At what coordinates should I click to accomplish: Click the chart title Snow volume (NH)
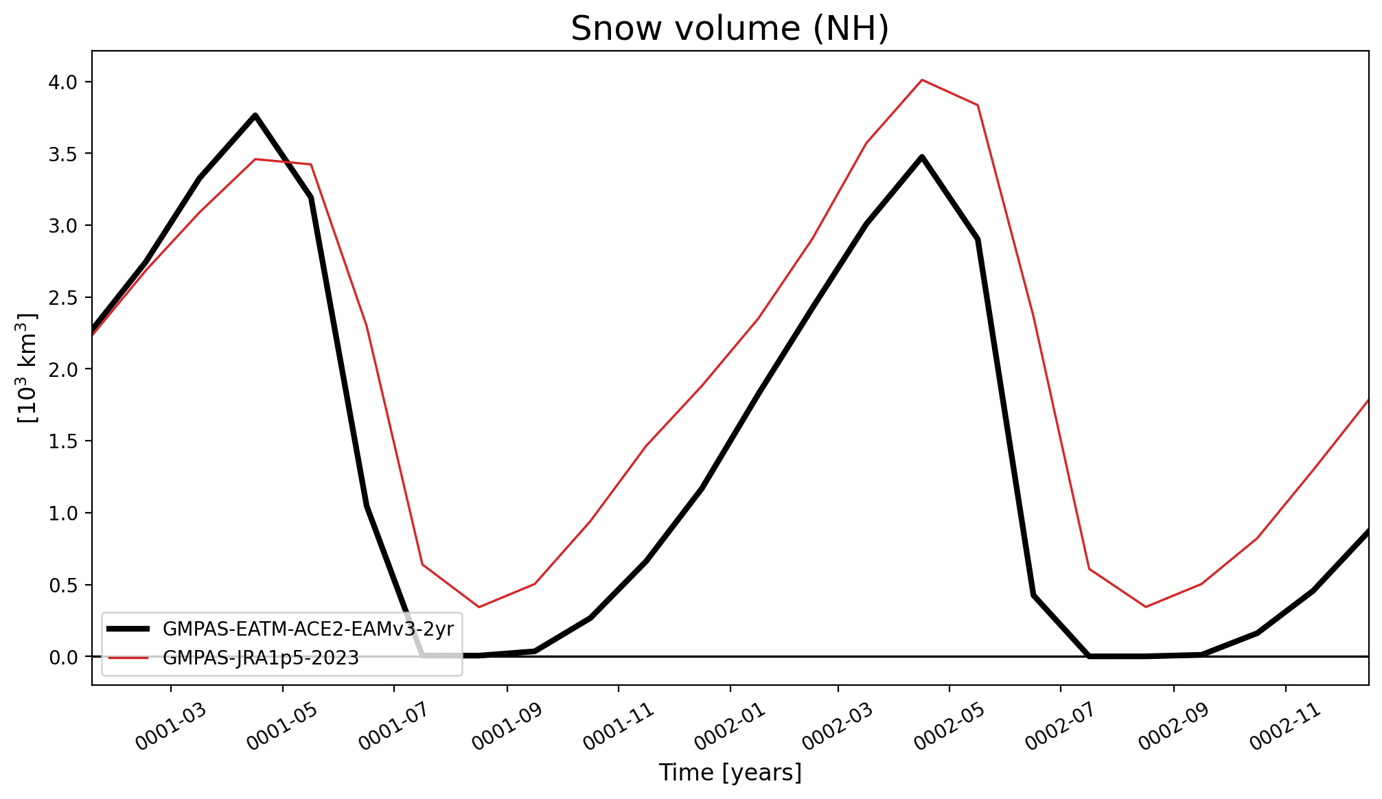coord(730,29)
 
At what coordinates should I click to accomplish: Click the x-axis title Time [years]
coord(730,773)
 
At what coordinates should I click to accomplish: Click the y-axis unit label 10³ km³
coord(28,368)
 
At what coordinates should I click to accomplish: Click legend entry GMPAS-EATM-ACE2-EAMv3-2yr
coord(308,629)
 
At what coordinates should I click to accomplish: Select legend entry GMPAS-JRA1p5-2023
coord(261,658)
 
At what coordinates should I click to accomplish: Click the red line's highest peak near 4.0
coord(922,80)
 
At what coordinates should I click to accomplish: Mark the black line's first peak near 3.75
coord(255,115)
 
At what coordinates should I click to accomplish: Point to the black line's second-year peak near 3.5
coord(922,157)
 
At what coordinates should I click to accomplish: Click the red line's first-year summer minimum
coord(479,607)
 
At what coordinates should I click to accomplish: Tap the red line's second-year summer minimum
coord(1145,607)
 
